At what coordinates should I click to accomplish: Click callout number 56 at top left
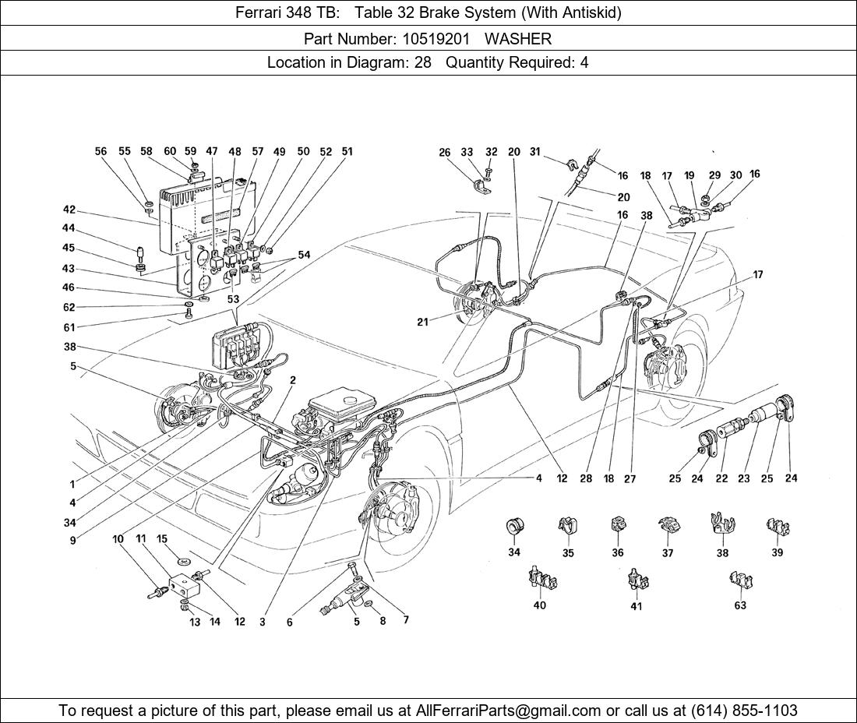(x=101, y=152)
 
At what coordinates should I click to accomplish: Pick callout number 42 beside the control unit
(x=69, y=210)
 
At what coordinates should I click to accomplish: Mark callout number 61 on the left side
(x=69, y=327)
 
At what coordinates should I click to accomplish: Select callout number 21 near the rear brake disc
(x=422, y=322)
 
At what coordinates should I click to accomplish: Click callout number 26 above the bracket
(x=444, y=153)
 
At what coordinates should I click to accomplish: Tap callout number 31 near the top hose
(x=534, y=153)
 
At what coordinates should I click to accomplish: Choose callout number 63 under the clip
(x=739, y=605)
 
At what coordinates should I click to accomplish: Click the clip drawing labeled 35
(x=567, y=527)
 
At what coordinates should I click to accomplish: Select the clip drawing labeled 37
(x=667, y=527)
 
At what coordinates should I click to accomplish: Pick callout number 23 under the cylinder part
(x=744, y=478)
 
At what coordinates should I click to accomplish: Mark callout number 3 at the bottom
(x=262, y=622)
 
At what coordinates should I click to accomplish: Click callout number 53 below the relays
(x=232, y=298)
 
